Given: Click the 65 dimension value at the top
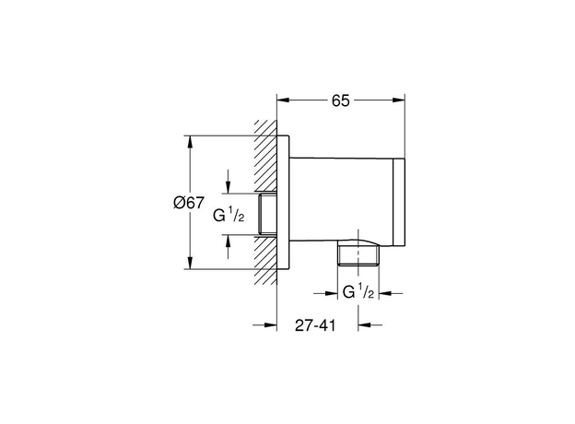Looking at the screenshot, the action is click(x=341, y=100).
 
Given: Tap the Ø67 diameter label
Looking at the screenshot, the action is click(x=189, y=203).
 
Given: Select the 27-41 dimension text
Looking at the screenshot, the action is click(x=315, y=325).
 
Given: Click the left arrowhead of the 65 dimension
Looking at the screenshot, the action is click(x=284, y=100).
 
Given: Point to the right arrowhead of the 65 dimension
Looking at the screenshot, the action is click(x=398, y=100).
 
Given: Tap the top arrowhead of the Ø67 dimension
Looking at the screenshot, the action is click(x=190, y=142).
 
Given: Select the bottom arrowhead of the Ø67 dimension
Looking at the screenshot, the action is click(x=190, y=263).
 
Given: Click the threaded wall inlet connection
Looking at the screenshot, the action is click(x=268, y=214).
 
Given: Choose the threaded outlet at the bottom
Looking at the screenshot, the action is click(x=358, y=254).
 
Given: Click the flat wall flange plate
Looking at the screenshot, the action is click(x=283, y=203).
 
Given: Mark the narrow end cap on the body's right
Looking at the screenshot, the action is click(x=399, y=202).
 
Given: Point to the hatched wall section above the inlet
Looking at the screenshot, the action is click(x=265, y=156).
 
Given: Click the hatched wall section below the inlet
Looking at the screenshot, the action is click(x=265, y=260).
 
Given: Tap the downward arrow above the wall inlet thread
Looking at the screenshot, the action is click(x=229, y=182).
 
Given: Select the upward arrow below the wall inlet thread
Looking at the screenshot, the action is click(x=229, y=246).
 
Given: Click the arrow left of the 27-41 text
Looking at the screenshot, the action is click(x=264, y=324).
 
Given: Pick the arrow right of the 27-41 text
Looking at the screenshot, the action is click(x=370, y=324).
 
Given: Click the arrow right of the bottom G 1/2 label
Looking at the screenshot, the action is click(x=391, y=293).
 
